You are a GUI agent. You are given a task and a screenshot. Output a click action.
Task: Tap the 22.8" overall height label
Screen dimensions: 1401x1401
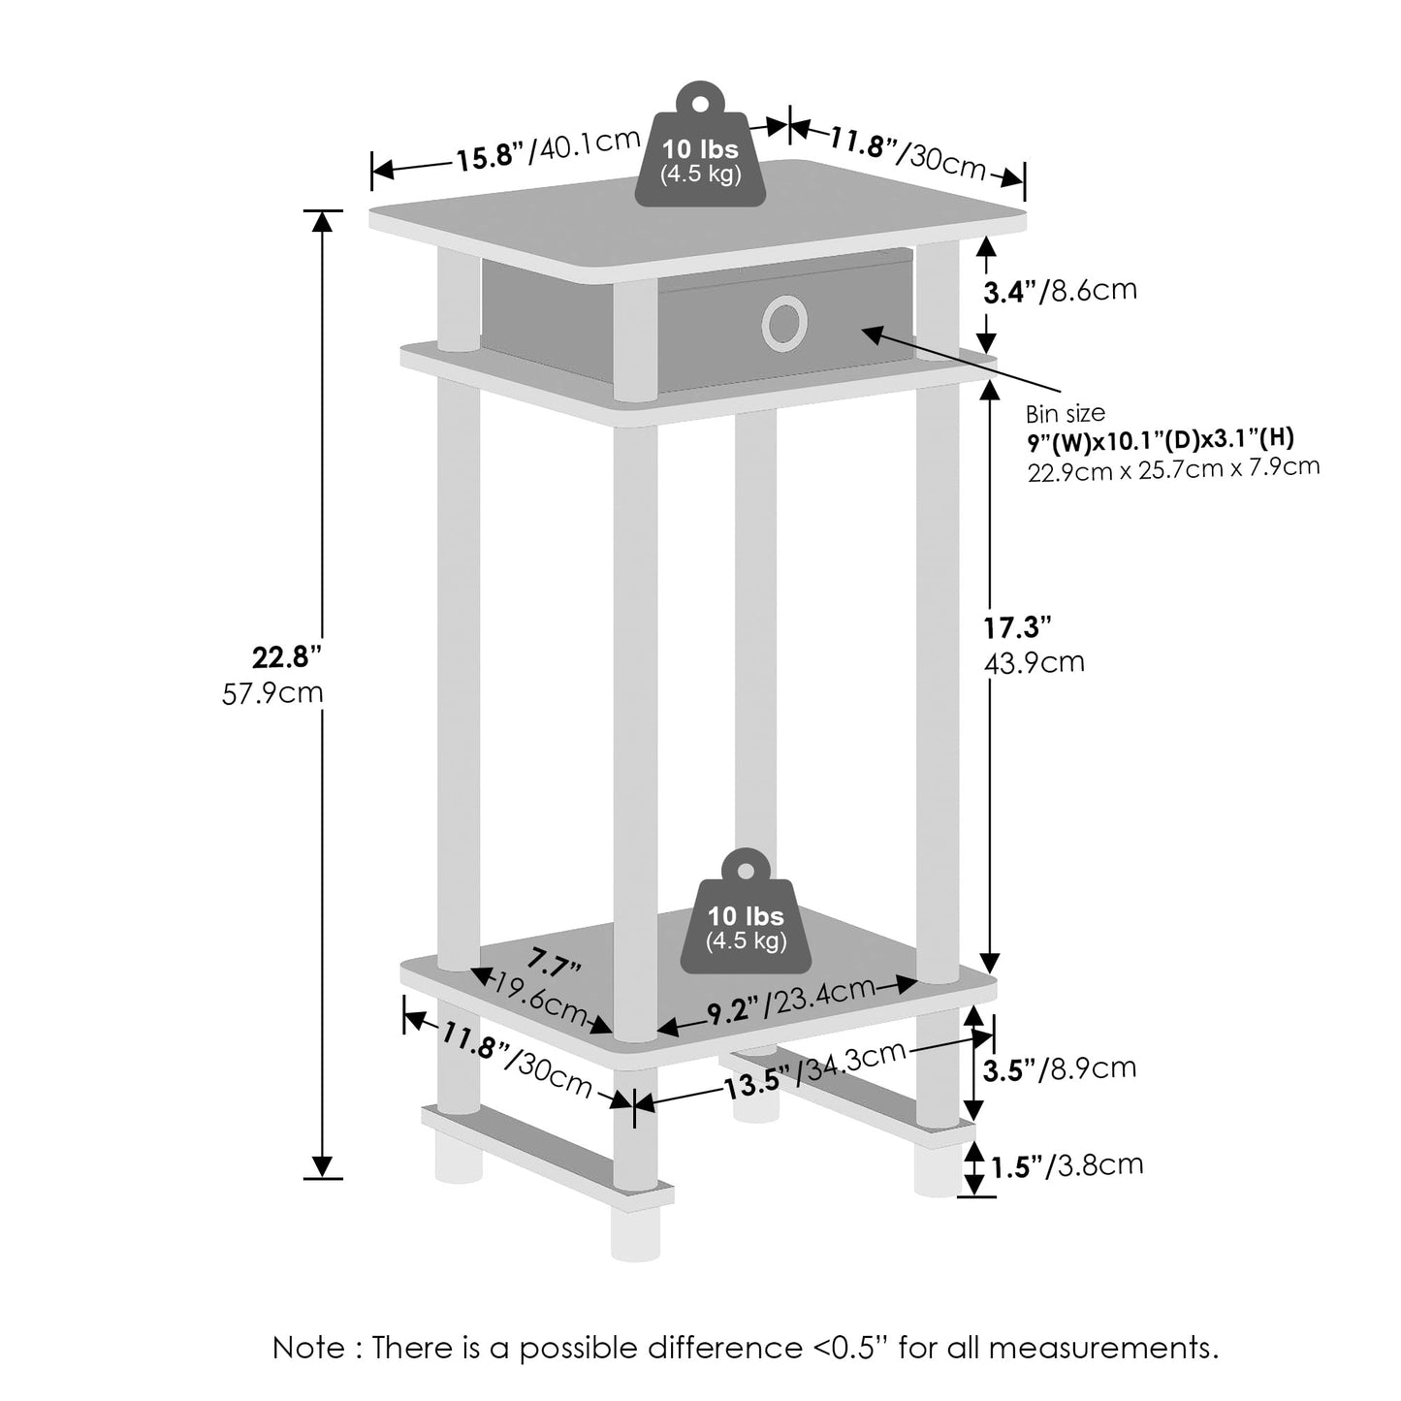(285, 657)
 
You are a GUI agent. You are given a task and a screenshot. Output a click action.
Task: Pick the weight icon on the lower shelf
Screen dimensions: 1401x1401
(746, 916)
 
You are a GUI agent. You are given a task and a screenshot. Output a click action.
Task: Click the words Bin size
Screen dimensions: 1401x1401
(1066, 414)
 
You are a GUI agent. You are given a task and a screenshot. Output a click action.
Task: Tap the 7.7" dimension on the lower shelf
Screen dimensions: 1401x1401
(554, 966)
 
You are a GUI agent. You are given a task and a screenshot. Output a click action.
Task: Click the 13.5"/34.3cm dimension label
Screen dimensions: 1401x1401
(814, 1070)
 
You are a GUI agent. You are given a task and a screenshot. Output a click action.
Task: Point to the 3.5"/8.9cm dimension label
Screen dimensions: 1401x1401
(1059, 1069)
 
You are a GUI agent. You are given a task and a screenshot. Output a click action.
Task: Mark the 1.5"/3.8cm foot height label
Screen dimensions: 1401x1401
(1067, 1165)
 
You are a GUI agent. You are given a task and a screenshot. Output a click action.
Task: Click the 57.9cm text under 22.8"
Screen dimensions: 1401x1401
(272, 694)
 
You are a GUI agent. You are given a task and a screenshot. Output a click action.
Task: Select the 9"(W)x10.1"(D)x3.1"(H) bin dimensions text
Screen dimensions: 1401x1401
(1160, 439)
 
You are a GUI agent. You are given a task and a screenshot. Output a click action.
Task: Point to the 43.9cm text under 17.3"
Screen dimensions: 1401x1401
(1033, 663)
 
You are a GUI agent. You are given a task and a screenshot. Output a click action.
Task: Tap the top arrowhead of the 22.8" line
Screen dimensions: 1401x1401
(322, 221)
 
